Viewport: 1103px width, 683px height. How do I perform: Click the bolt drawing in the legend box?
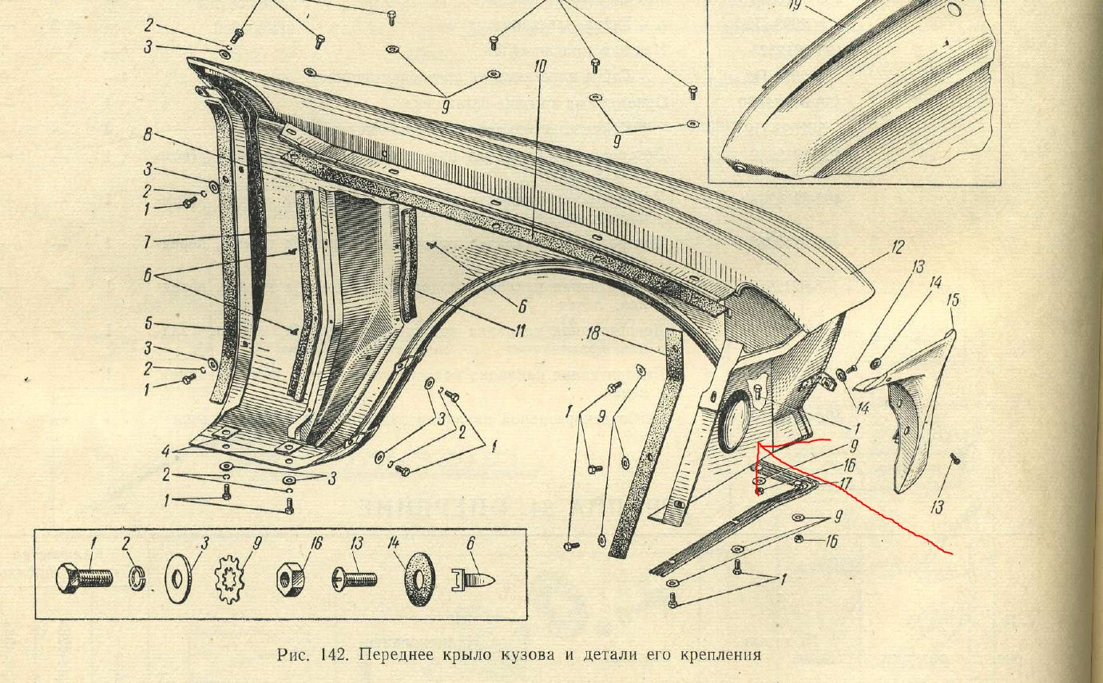[85, 577]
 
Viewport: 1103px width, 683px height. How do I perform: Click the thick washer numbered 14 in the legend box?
[416, 578]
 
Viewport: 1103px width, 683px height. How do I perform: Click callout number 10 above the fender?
[540, 66]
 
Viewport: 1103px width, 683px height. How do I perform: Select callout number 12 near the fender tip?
[898, 247]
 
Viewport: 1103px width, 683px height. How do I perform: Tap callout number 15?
[952, 300]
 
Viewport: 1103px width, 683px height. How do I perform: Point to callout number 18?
[592, 333]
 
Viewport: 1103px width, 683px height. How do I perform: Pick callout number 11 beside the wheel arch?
[519, 330]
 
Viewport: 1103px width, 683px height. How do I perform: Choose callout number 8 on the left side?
[149, 135]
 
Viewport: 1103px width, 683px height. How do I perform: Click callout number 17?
[845, 484]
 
